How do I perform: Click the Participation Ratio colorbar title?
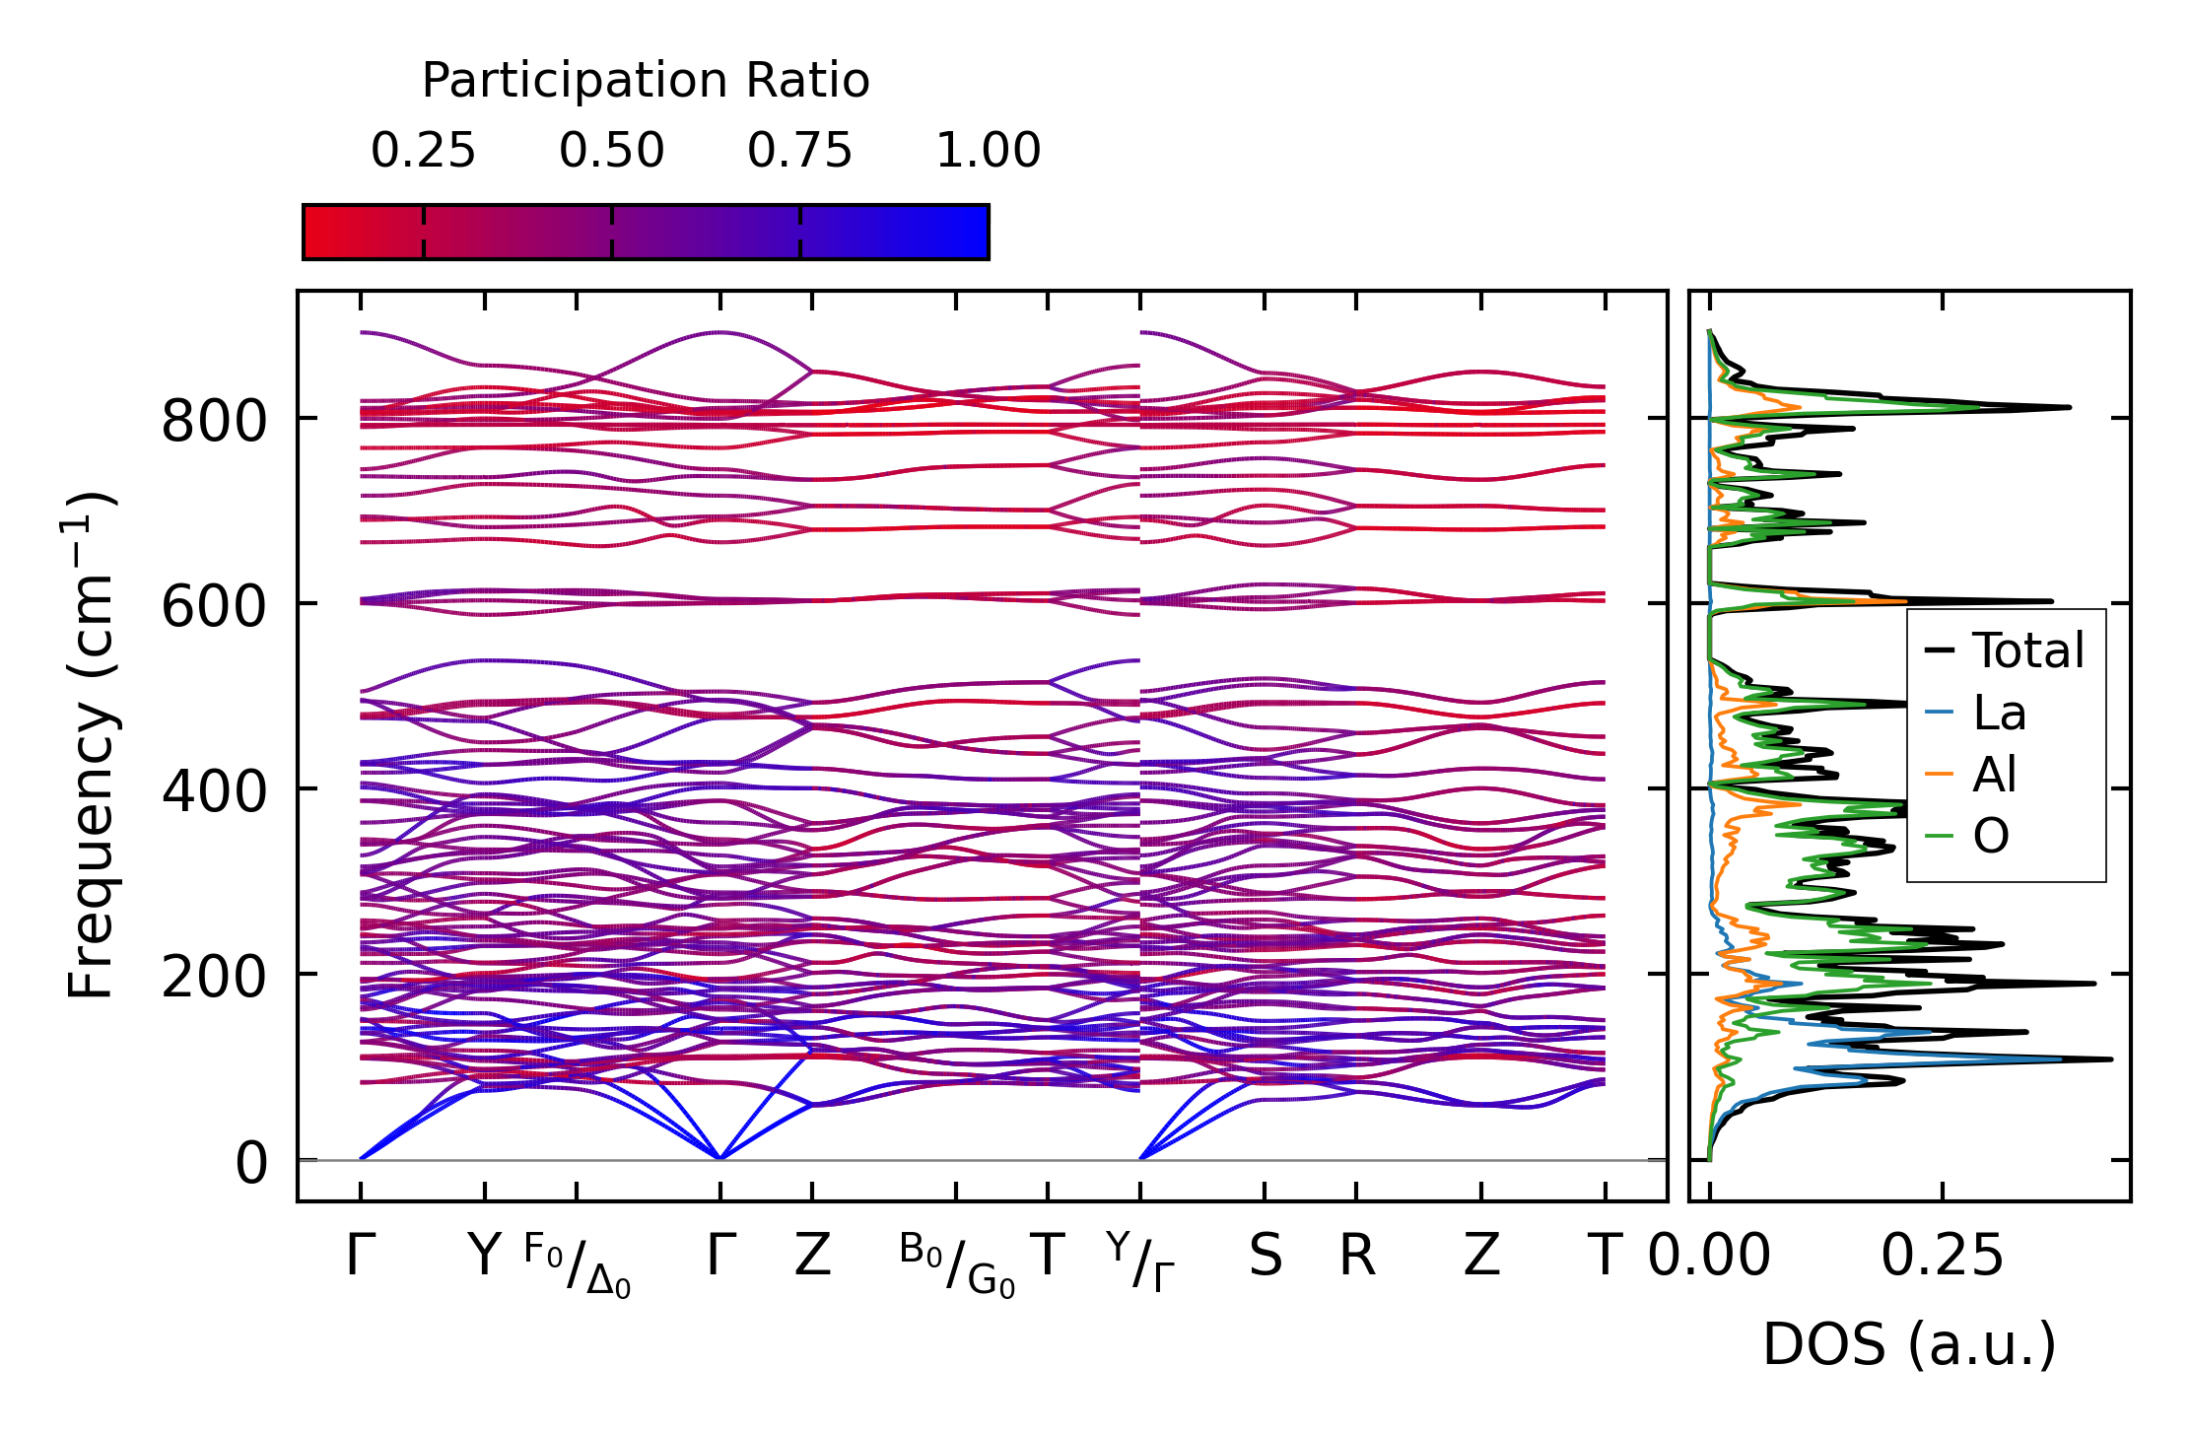pyautogui.click(x=646, y=81)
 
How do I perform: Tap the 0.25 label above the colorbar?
pyautogui.click(x=423, y=151)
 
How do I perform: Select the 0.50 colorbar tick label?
pyautogui.click(x=611, y=151)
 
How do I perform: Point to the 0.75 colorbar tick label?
pyautogui.click(x=799, y=151)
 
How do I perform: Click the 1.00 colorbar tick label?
pyautogui.click(x=988, y=151)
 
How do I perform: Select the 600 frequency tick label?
pyautogui.click(x=214, y=606)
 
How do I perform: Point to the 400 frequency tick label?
pyautogui.click(x=214, y=791)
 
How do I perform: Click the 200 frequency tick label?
pyautogui.click(x=214, y=977)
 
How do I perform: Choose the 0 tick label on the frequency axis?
pyautogui.click(x=251, y=1163)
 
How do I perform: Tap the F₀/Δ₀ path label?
pyautogui.click(x=577, y=1264)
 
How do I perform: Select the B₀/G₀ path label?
pyautogui.click(x=956, y=1264)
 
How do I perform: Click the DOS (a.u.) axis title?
pyautogui.click(x=1909, y=1345)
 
